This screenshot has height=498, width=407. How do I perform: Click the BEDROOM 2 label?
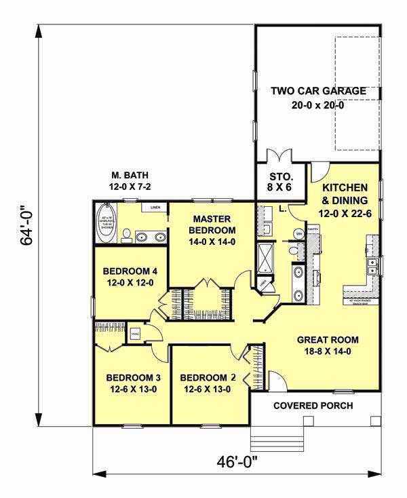point(205,383)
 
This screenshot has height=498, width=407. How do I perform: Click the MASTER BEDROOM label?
point(212,231)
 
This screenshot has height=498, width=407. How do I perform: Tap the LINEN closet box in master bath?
point(155,208)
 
